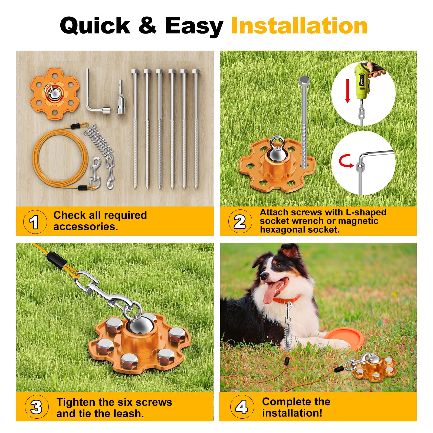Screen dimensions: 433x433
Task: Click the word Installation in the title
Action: pyautogui.click(x=299, y=26)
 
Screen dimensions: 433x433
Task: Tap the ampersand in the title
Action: pyautogui.click(x=147, y=26)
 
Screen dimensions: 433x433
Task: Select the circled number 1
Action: pyautogui.click(x=35, y=222)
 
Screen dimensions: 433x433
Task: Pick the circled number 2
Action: pyautogui.click(x=240, y=221)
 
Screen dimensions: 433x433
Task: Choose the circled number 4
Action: pyautogui.click(x=242, y=406)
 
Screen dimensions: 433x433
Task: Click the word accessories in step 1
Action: pyautogui.click(x=86, y=227)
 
